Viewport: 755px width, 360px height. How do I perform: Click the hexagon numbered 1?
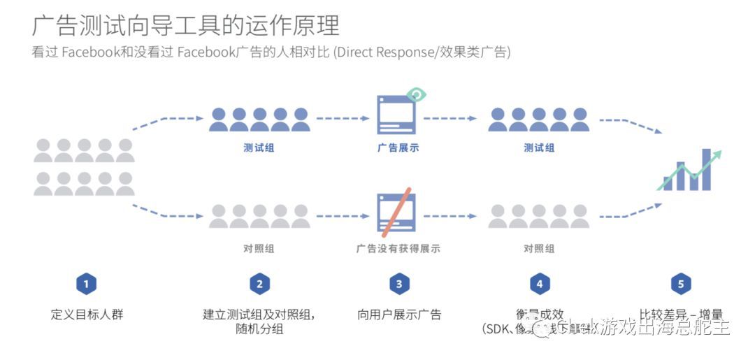click(x=86, y=284)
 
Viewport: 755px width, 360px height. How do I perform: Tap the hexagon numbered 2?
click(x=259, y=284)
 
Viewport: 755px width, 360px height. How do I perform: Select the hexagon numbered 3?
click(x=399, y=284)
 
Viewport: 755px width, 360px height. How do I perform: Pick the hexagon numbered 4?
click(x=539, y=284)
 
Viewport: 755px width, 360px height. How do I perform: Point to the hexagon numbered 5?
click(x=680, y=284)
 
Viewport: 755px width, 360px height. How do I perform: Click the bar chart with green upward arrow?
click(x=693, y=170)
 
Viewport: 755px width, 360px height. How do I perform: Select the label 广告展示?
click(x=398, y=148)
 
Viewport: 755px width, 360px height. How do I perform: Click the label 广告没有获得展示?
click(x=398, y=248)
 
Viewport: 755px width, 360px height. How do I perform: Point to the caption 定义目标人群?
click(x=87, y=314)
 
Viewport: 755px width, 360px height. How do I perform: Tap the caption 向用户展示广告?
click(x=399, y=314)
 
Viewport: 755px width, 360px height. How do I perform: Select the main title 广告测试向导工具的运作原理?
click(x=185, y=26)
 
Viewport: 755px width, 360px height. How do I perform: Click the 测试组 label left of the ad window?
click(x=259, y=148)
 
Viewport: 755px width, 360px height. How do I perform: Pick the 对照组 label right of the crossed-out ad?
click(x=539, y=248)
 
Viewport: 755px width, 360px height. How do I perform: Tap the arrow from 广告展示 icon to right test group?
click(x=450, y=119)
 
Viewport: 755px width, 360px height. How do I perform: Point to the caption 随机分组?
click(x=259, y=329)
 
